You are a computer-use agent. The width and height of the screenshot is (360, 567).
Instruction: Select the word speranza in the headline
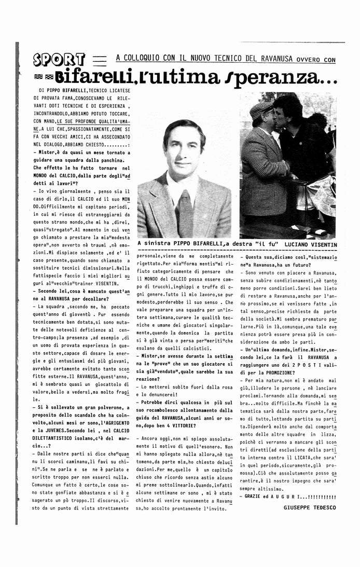[x=291, y=79]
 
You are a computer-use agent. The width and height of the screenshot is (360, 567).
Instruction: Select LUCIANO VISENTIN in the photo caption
[x=309, y=244]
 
